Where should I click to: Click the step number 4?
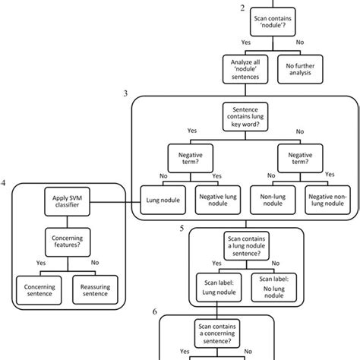(x=5, y=183)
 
